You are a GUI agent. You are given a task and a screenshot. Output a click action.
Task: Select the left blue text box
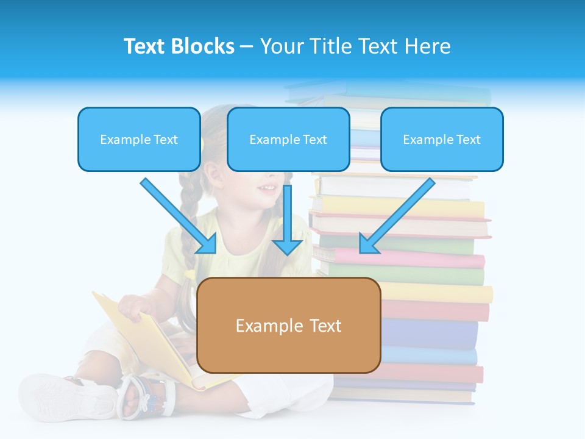[x=139, y=139]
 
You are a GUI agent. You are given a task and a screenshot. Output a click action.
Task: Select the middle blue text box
[x=288, y=139]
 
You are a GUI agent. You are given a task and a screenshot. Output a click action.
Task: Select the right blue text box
[x=442, y=139]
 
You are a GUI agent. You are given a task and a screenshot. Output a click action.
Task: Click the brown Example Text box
[x=288, y=325]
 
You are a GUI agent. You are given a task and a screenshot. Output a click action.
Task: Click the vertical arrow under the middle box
[x=287, y=220]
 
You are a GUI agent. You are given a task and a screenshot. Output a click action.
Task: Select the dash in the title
[x=247, y=46]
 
